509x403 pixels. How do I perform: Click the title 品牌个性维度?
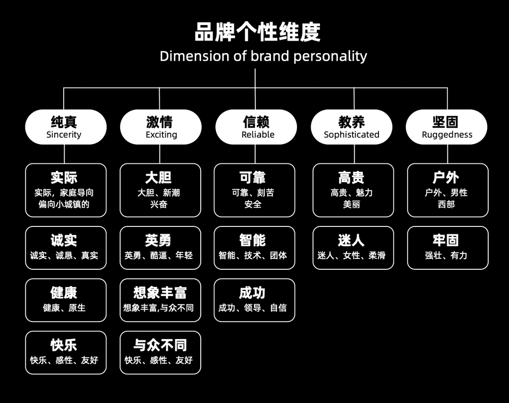pyautogui.click(x=257, y=32)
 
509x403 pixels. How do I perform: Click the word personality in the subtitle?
pyautogui.click(x=330, y=56)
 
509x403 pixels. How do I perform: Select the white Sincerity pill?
pyautogui.click(x=66, y=127)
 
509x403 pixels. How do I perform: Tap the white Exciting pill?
pyautogui.click(x=161, y=127)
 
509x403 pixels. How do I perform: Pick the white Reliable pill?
pyautogui.click(x=256, y=127)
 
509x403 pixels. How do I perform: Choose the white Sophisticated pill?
pyautogui.click(x=352, y=127)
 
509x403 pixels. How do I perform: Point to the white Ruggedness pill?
pyautogui.click(x=447, y=127)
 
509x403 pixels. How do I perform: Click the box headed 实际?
pyautogui.click(x=66, y=190)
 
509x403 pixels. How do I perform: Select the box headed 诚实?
pyautogui.click(x=66, y=248)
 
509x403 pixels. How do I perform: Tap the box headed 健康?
pyautogui.click(x=66, y=300)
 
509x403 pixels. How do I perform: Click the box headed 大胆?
pyautogui.click(x=160, y=190)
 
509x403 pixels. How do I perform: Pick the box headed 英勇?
pyautogui.click(x=160, y=248)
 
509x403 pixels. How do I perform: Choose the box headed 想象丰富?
pyautogui.click(x=160, y=300)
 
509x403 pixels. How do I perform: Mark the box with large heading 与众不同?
pyautogui.click(x=160, y=353)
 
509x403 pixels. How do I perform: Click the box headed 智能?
pyautogui.click(x=254, y=248)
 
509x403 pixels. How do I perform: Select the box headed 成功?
pyautogui.click(x=254, y=300)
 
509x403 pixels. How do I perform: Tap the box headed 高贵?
pyautogui.click(x=353, y=190)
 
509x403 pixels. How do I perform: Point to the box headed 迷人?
pyautogui.click(x=353, y=248)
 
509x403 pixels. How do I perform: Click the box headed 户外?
pyautogui.click(x=448, y=190)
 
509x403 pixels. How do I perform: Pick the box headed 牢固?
pyautogui.click(x=448, y=248)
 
